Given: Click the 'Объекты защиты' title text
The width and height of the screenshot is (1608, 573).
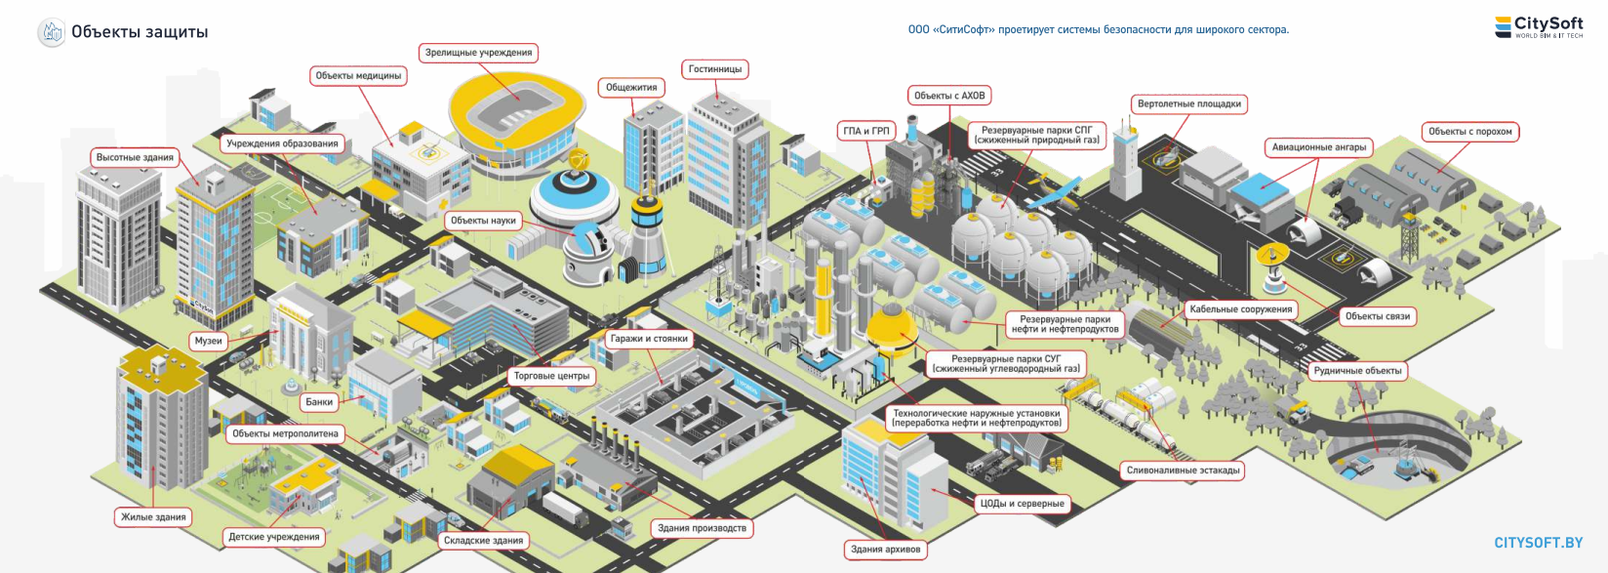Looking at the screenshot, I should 140,32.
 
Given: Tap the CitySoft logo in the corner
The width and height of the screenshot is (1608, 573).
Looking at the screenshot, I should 1539,27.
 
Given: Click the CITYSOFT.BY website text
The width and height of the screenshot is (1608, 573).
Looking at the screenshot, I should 1538,543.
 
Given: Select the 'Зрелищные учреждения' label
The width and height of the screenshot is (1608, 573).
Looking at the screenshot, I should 478,53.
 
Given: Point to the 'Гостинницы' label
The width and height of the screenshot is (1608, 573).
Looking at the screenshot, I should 715,69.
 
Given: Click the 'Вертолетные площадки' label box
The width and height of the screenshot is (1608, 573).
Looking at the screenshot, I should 1189,104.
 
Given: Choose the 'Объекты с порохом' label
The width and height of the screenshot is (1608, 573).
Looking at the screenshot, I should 1469,132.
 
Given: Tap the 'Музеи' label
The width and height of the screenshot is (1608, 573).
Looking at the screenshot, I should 209,341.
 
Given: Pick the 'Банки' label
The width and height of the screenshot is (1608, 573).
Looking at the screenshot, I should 319,402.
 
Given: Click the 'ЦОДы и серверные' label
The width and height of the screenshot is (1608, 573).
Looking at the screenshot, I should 1023,504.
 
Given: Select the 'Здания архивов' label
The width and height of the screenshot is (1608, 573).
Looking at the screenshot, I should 885,550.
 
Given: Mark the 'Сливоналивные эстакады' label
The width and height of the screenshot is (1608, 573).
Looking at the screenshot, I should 1183,471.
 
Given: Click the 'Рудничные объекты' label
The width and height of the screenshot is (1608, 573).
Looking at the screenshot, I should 1357,371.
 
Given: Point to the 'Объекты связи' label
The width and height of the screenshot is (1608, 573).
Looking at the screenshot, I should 1377,316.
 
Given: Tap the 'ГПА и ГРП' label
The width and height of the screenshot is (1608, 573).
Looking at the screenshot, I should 866,131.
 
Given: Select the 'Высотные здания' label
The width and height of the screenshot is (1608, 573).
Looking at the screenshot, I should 135,158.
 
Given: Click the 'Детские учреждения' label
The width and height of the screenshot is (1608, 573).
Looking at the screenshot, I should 273,537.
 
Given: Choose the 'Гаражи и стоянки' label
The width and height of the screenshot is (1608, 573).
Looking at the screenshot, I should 649,339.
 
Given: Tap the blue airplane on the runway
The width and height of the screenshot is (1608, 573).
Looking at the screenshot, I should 1057,192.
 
